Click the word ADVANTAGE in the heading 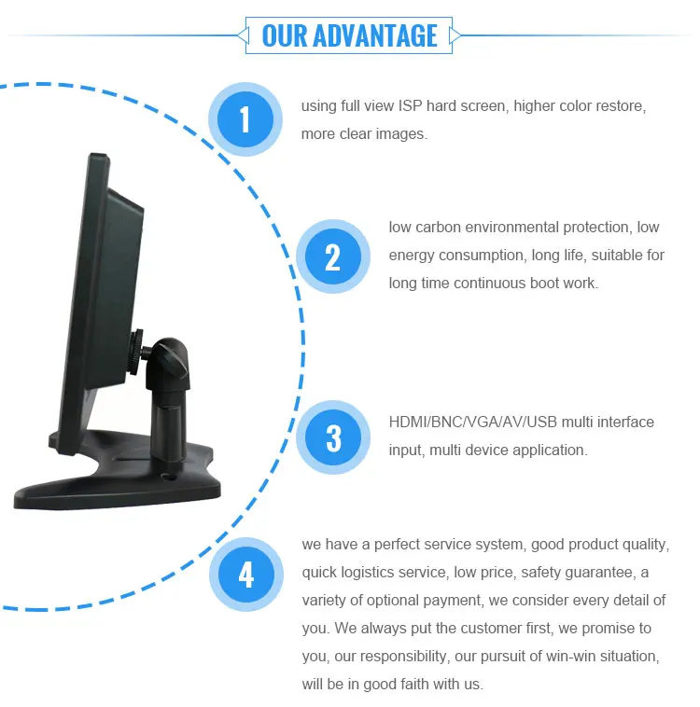(x=375, y=35)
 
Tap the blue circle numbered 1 (x=245, y=119)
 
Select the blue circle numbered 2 (x=333, y=256)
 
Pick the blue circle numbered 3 (x=333, y=437)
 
